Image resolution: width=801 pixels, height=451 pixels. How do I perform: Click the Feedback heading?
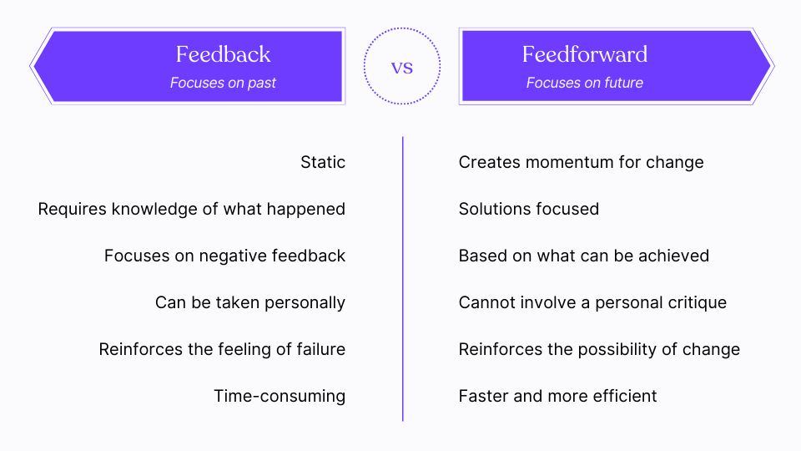(x=223, y=55)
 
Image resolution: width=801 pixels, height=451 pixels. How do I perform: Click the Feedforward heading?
(x=584, y=55)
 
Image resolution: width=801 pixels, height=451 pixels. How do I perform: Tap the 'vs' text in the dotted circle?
(x=402, y=67)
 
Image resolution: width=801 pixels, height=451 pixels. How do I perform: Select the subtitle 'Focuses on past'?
(x=223, y=83)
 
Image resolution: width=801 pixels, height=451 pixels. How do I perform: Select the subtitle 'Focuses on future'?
(x=584, y=83)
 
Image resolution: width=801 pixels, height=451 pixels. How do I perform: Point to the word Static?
(x=323, y=162)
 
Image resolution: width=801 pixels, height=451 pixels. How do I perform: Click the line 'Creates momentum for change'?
(x=581, y=162)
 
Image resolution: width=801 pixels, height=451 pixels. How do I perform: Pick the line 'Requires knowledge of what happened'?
(x=192, y=209)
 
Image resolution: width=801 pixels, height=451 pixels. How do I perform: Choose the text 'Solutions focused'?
(x=528, y=209)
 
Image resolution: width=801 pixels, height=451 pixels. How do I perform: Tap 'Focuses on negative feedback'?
(x=224, y=256)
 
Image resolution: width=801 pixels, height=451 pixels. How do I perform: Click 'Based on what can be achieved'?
(x=583, y=256)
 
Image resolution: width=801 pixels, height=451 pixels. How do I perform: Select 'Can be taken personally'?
(x=250, y=302)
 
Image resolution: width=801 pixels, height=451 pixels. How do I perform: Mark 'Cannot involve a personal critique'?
(x=592, y=302)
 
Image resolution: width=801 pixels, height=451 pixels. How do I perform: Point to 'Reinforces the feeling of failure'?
(x=222, y=349)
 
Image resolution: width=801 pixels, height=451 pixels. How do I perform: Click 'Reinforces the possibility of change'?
(x=599, y=349)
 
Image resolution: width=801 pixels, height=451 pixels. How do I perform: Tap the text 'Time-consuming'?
(x=280, y=396)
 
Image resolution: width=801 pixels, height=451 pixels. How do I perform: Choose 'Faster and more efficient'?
(x=557, y=396)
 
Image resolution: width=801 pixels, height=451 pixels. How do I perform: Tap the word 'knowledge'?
(x=151, y=209)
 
